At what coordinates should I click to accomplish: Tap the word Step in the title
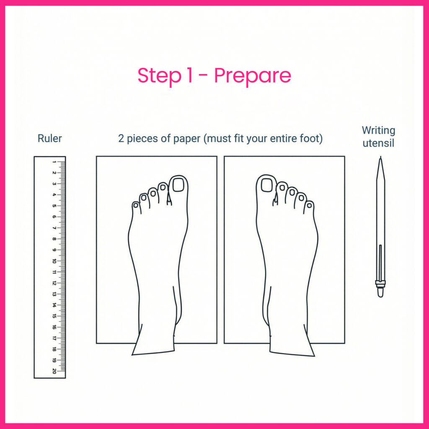tap(159, 76)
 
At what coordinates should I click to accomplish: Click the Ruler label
tap(49, 138)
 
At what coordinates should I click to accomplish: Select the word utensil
tap(378, 143)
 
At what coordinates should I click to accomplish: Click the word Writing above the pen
tap(378, 131)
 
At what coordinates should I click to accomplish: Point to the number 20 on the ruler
tap(54, 371)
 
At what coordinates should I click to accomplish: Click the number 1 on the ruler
tap(54, 162)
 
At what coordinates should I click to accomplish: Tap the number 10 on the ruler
tap(54, 261)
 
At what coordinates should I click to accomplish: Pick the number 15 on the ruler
tap(54, 316)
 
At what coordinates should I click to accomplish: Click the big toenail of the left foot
tap(178, 185)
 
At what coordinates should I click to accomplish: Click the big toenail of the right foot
tap(266, 185)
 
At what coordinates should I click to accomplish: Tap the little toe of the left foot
tap(136, 207)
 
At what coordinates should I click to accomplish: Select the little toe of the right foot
tap(309, 207)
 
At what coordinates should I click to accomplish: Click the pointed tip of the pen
tap(380, 157)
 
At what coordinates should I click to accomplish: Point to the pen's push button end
tap(380, 293)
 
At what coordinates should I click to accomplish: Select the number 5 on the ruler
tap(54, 206)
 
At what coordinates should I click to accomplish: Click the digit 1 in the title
tap(189, 75)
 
